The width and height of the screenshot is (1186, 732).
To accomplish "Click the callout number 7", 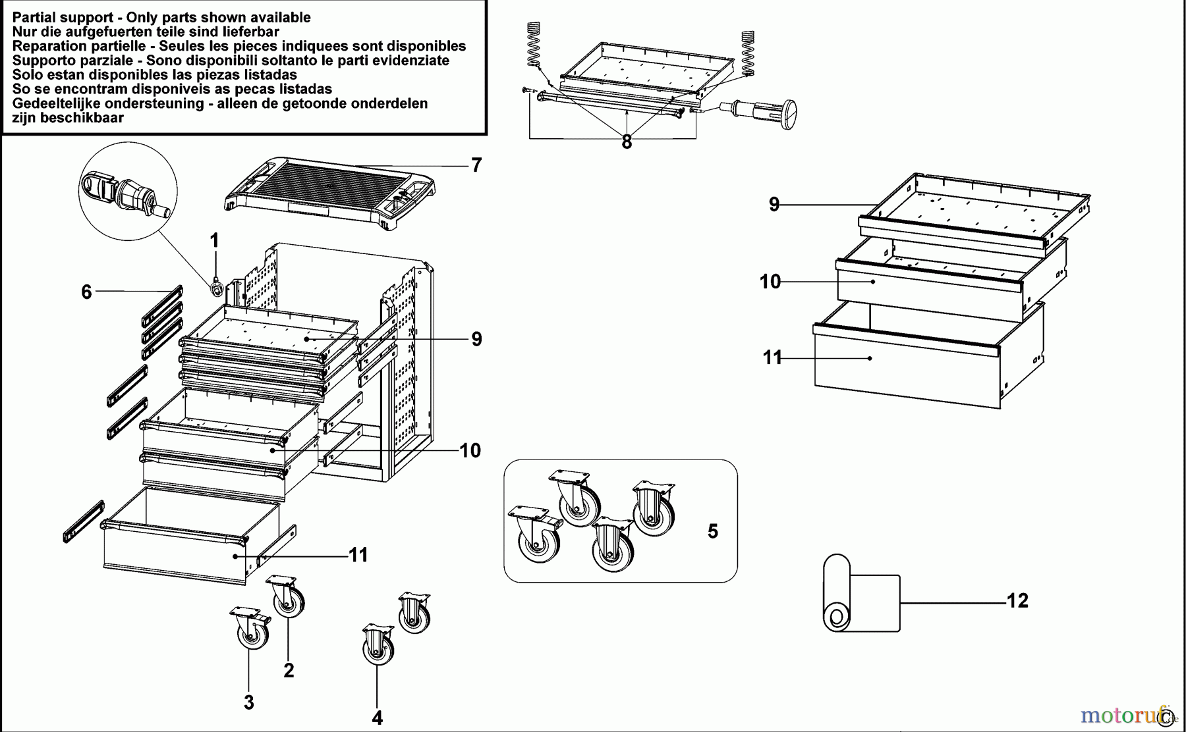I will click(x=476, y=165).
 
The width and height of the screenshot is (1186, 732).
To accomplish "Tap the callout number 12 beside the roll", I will click(x=1017, y=601).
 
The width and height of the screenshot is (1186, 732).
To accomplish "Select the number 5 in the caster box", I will click(x=712, y=531).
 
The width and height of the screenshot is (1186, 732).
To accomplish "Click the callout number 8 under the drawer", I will click(x=627, y=142).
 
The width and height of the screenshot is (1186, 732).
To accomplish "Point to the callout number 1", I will click(x=214, y=240).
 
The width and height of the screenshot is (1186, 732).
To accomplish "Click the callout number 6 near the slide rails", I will click(x=86, y=292).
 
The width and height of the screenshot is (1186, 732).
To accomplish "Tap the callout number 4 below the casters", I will click(x=377, y=718).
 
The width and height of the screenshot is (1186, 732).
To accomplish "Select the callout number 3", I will click(x=248, y=702).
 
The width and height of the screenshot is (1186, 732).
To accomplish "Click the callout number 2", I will click(x=289, y=671).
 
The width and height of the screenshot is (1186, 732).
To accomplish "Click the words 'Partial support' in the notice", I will click(x=53, y=18).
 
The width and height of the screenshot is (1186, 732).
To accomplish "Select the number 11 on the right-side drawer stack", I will click(x=772, y=358).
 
